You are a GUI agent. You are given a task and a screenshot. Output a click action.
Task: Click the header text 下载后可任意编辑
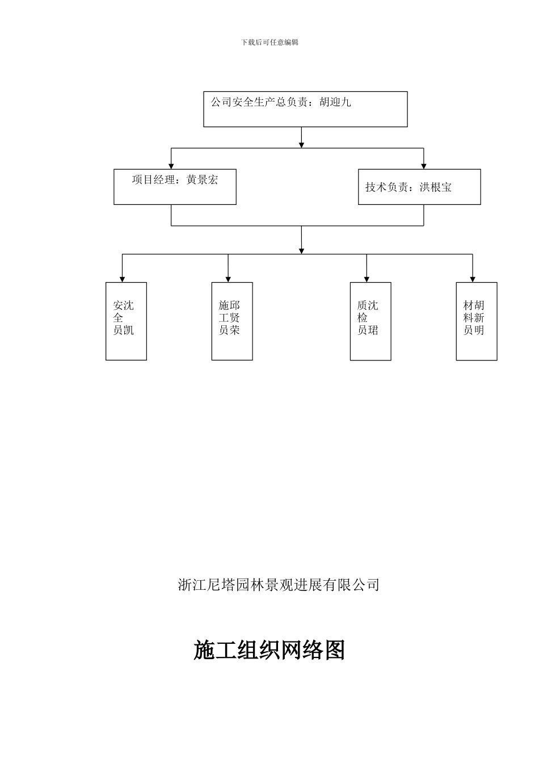pyautogui.click(x=269, y=42)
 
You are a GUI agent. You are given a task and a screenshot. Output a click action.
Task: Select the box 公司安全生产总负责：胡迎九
pyautogui.click(x=305, y=110)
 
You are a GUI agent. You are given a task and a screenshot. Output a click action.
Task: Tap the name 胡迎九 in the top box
pyautogui.click(x=335, y=103)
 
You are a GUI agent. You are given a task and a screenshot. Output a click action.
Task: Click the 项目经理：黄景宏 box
pyautogui.click(x=175, y=187)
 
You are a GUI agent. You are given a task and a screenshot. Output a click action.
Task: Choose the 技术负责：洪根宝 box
pyautogui.click(x=419, y=187)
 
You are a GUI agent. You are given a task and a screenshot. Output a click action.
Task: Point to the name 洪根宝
pyautogui.click(x=436, y=187)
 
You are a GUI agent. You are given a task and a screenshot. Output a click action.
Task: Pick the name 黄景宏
pyautogui.click(x=202, y=181)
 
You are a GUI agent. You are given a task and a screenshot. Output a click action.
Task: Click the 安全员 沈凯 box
pyautogui.click(x=126, y=321)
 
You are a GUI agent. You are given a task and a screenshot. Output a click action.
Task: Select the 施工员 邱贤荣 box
pyautogui.click(x=232, y=321)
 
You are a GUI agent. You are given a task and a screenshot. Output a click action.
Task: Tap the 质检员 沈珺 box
pyautogui.click(x=370, y=321)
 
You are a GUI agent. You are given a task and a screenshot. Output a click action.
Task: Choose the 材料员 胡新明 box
pyautogui.click(x=477, y=321)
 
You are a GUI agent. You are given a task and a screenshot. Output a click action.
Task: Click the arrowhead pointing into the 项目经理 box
pyautogui.click(x=171, y=166)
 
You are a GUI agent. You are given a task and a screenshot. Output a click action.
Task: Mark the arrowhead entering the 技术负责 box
pyautogui.click(x=423, y=166)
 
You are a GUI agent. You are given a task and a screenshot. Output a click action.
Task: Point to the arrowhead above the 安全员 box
pyautogui.click(x=122, y=279)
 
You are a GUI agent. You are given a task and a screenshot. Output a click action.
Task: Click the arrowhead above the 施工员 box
pyautogui.click(x=228, y=279)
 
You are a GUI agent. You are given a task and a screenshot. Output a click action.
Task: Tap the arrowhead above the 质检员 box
pyautogui.click(x=367, y=279)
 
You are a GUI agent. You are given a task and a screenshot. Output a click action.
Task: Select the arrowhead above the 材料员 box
pyautogui.click(x=473, y=279)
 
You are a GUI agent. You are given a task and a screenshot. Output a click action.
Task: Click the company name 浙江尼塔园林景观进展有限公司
pyautogui.click(x=279, y=585)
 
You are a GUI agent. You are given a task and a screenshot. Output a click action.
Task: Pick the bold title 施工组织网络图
pyautogui.click(x=269, y=650)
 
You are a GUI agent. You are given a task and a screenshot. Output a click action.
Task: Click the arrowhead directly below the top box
pyautogui.click(x=301, y=145)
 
